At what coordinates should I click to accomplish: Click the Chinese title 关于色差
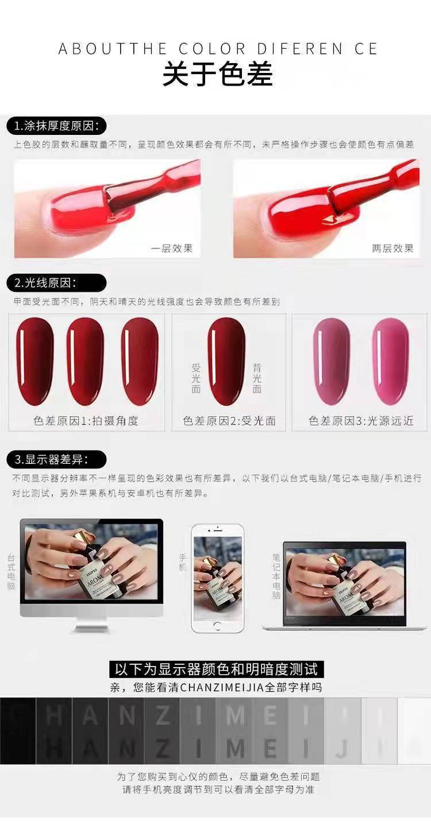click(x=217, y=75)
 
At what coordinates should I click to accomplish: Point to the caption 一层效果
click(x=171, y=249)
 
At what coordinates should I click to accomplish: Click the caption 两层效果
click(x=392, y=249)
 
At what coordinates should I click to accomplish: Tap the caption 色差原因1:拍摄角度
click(x=86, y=421)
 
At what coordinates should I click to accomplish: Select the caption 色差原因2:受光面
click(x=229, y=421)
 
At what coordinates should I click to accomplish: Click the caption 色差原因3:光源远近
click(x=360, y=421)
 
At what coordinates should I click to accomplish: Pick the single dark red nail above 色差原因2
click(x=226, y=361)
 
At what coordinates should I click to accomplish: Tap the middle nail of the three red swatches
click(x=86, y=361)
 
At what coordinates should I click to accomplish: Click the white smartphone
click(x=217, y=579)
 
